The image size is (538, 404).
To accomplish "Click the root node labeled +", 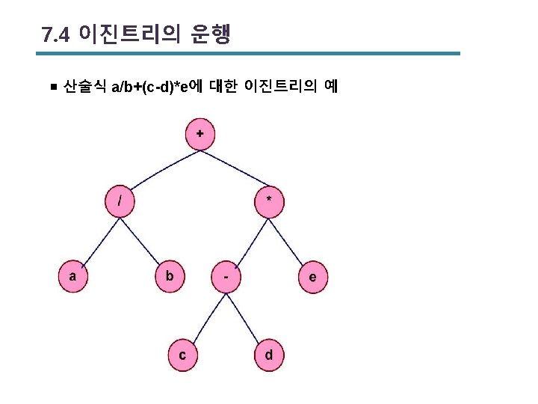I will coord(200,134).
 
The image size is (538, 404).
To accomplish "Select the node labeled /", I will coord(119,201).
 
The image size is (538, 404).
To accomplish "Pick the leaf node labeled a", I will coord(73,276).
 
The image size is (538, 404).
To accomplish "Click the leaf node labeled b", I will coord(170,276).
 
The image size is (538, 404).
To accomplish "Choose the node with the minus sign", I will coord(226,277).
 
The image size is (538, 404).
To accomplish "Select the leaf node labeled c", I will coord(182,355).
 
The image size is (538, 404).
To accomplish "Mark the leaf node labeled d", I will coord(269,355).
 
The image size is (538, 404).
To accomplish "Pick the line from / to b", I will coord(144,238).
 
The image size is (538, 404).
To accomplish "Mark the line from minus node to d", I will coord(247,316).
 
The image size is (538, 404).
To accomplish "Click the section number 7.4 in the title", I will coord(55,35).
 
